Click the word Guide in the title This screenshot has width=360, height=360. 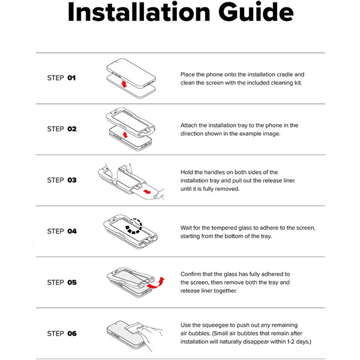tap(256, 12)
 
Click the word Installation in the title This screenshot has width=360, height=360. tap(139, 12)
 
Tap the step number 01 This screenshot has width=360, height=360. tap(71, 78)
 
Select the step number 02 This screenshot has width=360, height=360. tap(72, 129)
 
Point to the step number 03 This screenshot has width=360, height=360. tap(72, 180)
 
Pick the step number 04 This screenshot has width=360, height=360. tap(72, 231)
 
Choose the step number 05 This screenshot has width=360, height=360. tap(72, 283)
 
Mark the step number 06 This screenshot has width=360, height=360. tap(72, 334)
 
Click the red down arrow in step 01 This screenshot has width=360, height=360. tap(124, 84)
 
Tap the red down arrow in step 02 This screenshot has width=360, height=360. tap(125, 135)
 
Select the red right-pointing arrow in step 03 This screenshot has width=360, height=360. tap(147, 191)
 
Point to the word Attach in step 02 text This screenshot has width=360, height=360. tap(189, 125)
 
